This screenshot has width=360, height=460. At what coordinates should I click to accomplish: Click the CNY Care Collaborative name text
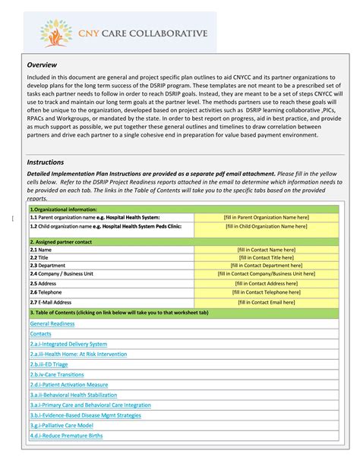point(144,33)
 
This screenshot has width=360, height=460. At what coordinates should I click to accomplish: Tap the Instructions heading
point(46,162)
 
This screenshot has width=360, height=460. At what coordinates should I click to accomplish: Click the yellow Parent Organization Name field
point(266,217)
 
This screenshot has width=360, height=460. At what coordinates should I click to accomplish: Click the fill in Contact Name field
point(266,250)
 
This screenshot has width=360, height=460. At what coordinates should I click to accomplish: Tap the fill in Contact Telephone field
point(266,291)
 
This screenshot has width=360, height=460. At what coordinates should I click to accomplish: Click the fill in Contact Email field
point(266,301)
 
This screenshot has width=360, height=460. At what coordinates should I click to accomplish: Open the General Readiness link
point(52,323)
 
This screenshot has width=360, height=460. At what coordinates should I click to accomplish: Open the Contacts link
point(41,334)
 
